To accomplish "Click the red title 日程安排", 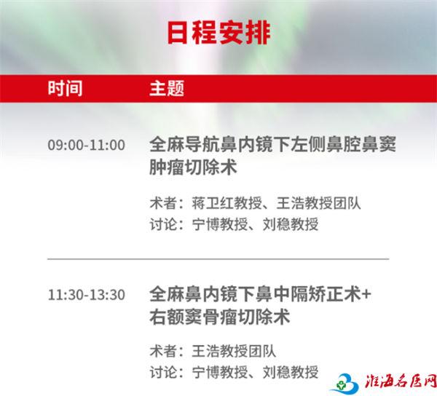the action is [219, 33].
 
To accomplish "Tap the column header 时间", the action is [65, 88].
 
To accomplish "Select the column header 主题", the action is [167, 88].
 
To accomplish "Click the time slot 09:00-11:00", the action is [87, 145].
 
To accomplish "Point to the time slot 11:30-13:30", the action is [87, 295].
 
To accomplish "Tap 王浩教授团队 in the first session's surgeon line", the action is [318, 203].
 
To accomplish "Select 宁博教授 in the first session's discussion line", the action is [220, 224].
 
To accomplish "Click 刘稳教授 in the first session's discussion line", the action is [291, 224].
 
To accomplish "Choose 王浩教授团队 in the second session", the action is [234, 351].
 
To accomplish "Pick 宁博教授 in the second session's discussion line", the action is [220, 372].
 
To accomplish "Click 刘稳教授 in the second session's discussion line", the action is [291, 372].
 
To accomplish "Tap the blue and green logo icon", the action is [345, 384].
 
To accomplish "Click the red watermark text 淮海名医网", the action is [401, 382].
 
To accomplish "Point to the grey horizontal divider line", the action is [219, 259].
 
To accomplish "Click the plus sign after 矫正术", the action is [366, 294].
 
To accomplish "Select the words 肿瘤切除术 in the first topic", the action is [193, 167].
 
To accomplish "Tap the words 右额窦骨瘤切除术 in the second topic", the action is [220, 317].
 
